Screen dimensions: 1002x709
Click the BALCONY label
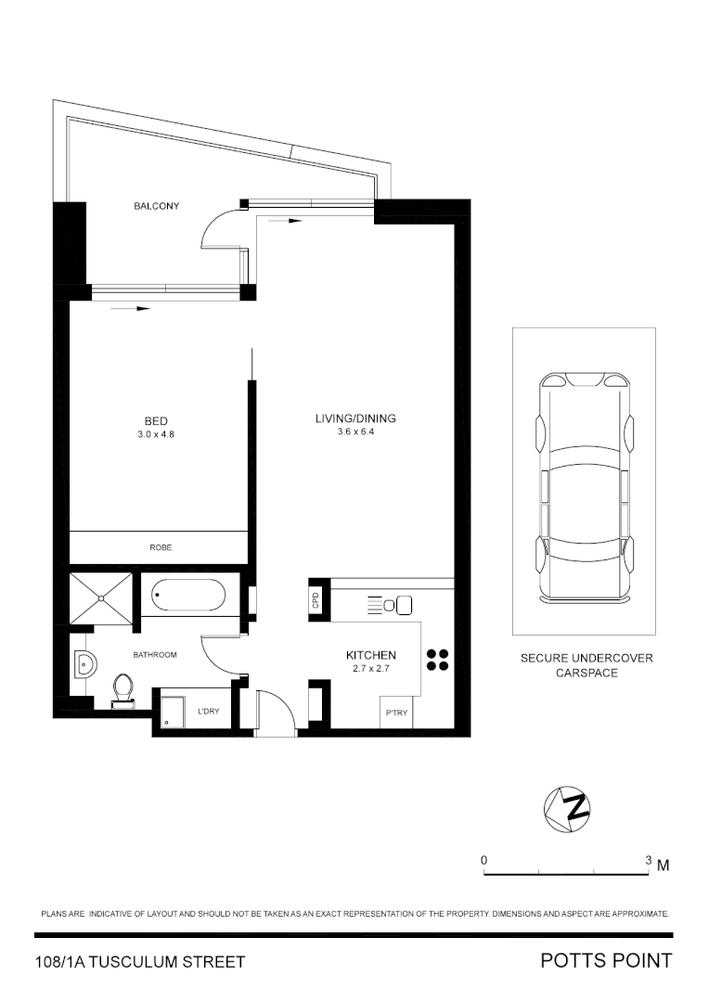coord(156,206)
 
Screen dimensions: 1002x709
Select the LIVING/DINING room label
coord(354,418)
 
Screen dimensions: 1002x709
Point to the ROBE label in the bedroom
coord(161,547)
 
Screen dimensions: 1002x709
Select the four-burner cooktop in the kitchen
coord(437,660)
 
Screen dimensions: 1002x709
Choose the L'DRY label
coord(209,713)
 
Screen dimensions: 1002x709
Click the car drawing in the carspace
coord(584,487)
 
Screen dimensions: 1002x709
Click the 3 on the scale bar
coord(649,860)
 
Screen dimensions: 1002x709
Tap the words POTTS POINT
coord(605,960)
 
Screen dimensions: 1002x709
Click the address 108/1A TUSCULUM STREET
coord(140,962)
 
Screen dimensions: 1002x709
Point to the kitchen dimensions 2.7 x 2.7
coord(370,668)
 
